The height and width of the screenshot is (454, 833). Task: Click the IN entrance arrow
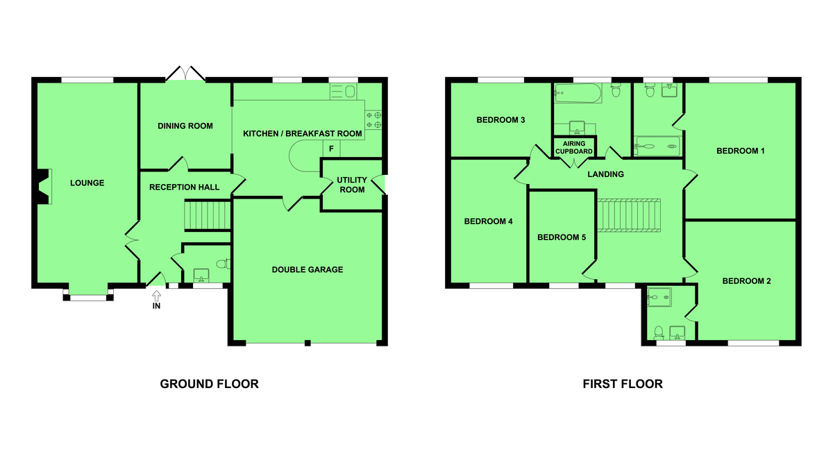pos(157,296)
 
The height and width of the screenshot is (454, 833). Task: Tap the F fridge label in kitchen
pos(331,149)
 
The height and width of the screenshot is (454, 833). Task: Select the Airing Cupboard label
pos(574,147)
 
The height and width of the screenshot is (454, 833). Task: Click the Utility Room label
pos(352,185)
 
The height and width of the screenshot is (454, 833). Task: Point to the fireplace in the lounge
pos(44,187)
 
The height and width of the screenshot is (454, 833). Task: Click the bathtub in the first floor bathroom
pos(578,93)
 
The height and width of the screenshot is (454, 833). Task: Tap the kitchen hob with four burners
pos(373,119)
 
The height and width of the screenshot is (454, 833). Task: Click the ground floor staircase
pos(208,215)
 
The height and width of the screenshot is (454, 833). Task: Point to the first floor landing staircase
pos(629,216)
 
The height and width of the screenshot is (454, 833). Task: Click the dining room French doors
pos(185,74)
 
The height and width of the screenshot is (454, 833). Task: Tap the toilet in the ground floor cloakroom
pos(224,264)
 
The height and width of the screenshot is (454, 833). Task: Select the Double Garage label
pos(307,269)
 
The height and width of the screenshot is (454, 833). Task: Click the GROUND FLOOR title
pos(210,384)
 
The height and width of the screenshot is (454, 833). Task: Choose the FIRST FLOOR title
pos(623,384)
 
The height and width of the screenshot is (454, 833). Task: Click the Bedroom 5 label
pos(562,237)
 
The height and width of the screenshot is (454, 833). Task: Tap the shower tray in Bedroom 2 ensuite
pos(659,297)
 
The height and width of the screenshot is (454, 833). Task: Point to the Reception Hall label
pos(185,187)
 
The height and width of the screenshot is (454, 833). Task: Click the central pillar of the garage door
pos(308,343)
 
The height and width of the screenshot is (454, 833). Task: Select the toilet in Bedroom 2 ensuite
pos(659,333)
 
